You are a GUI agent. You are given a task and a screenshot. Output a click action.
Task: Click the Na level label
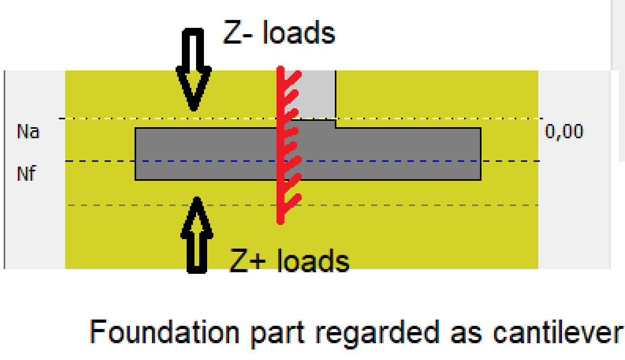pos(28,131)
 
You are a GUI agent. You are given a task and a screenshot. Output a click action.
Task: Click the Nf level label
pos(26,173)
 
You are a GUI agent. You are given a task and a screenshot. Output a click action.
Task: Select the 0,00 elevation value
pos(564,131)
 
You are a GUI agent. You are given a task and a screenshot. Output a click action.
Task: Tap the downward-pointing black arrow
pos(194,69)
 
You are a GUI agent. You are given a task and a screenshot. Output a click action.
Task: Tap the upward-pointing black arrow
pos(197,235)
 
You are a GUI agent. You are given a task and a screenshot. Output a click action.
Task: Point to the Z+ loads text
pos(290,261)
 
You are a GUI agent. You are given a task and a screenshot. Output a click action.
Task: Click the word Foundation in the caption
pos(165,332)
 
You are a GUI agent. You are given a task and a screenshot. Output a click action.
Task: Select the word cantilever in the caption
pos(558,332)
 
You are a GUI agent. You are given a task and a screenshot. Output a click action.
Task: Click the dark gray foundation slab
pos(308,154)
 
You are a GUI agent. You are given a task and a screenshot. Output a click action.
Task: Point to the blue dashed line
pos(302,161)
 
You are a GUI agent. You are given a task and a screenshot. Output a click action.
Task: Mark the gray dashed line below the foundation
pos(303,205)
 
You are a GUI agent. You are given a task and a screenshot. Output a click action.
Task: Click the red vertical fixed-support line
pos(281,145)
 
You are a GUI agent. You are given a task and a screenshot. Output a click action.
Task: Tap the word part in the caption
pos(278,335)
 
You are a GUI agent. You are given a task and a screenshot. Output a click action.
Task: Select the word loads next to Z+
pos(313,261)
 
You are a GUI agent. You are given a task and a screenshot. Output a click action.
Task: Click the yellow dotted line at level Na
pos(301,118)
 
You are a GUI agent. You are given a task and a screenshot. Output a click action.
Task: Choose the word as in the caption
pos(466,335)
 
